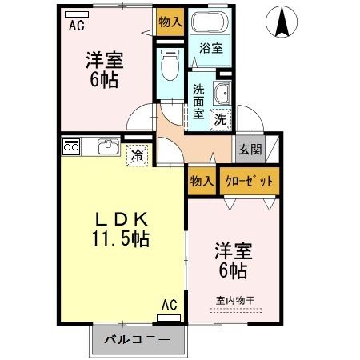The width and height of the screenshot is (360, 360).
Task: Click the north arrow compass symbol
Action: click(x=282, y=21)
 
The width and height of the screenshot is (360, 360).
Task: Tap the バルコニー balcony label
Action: click(x=136, y=340)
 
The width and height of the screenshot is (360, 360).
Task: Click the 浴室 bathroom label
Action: click(x=211, y=48)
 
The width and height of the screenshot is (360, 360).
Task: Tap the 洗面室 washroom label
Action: click(x=198, y=102)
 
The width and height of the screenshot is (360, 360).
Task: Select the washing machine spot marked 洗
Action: click(x=219, y=119)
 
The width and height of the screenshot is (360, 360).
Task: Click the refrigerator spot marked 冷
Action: click(x=138, y=154)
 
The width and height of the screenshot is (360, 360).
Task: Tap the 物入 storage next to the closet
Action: click(x=200, y=181)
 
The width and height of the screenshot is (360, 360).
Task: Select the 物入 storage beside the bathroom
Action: click(x=169, y=21)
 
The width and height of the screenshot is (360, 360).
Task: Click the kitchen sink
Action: click(x=107, y=147)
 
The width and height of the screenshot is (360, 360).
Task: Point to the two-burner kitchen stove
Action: click(x=70, y=146)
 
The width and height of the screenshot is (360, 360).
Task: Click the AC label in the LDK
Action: click(x=169, y=304)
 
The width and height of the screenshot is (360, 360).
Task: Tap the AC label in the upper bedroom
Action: click(x=76, y=25)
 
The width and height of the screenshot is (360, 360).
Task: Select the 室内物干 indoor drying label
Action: click(x=234, y=301)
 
